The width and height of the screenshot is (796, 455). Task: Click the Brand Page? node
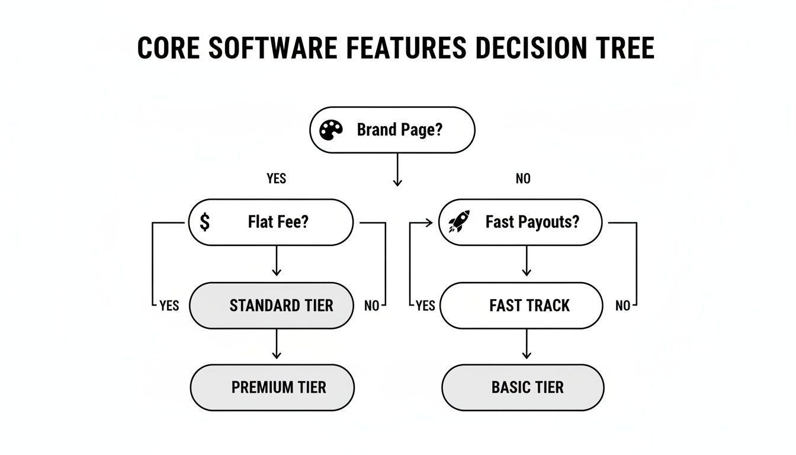(392, 130)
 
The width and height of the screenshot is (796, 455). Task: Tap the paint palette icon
(330, 130)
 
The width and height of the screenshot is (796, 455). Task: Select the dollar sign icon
(204, 222)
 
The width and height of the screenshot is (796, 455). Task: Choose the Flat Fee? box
(271, 222)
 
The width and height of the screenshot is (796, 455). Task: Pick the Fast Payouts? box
(520, 222)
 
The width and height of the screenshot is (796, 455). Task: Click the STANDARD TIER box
(271, 306)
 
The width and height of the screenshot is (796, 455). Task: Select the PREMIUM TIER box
(272, 387)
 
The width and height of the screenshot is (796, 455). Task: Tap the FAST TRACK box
(521, 306)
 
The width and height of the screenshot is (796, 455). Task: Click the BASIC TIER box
(523, 387)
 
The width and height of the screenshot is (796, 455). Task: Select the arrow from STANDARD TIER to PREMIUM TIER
(276, 344)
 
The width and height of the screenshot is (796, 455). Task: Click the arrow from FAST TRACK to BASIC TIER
(526, 344)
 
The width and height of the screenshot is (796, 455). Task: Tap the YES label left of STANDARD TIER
(169, 306)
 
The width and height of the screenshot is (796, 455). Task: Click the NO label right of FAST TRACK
(622, 306)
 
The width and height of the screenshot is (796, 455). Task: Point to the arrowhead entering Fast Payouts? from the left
(429, 223)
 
